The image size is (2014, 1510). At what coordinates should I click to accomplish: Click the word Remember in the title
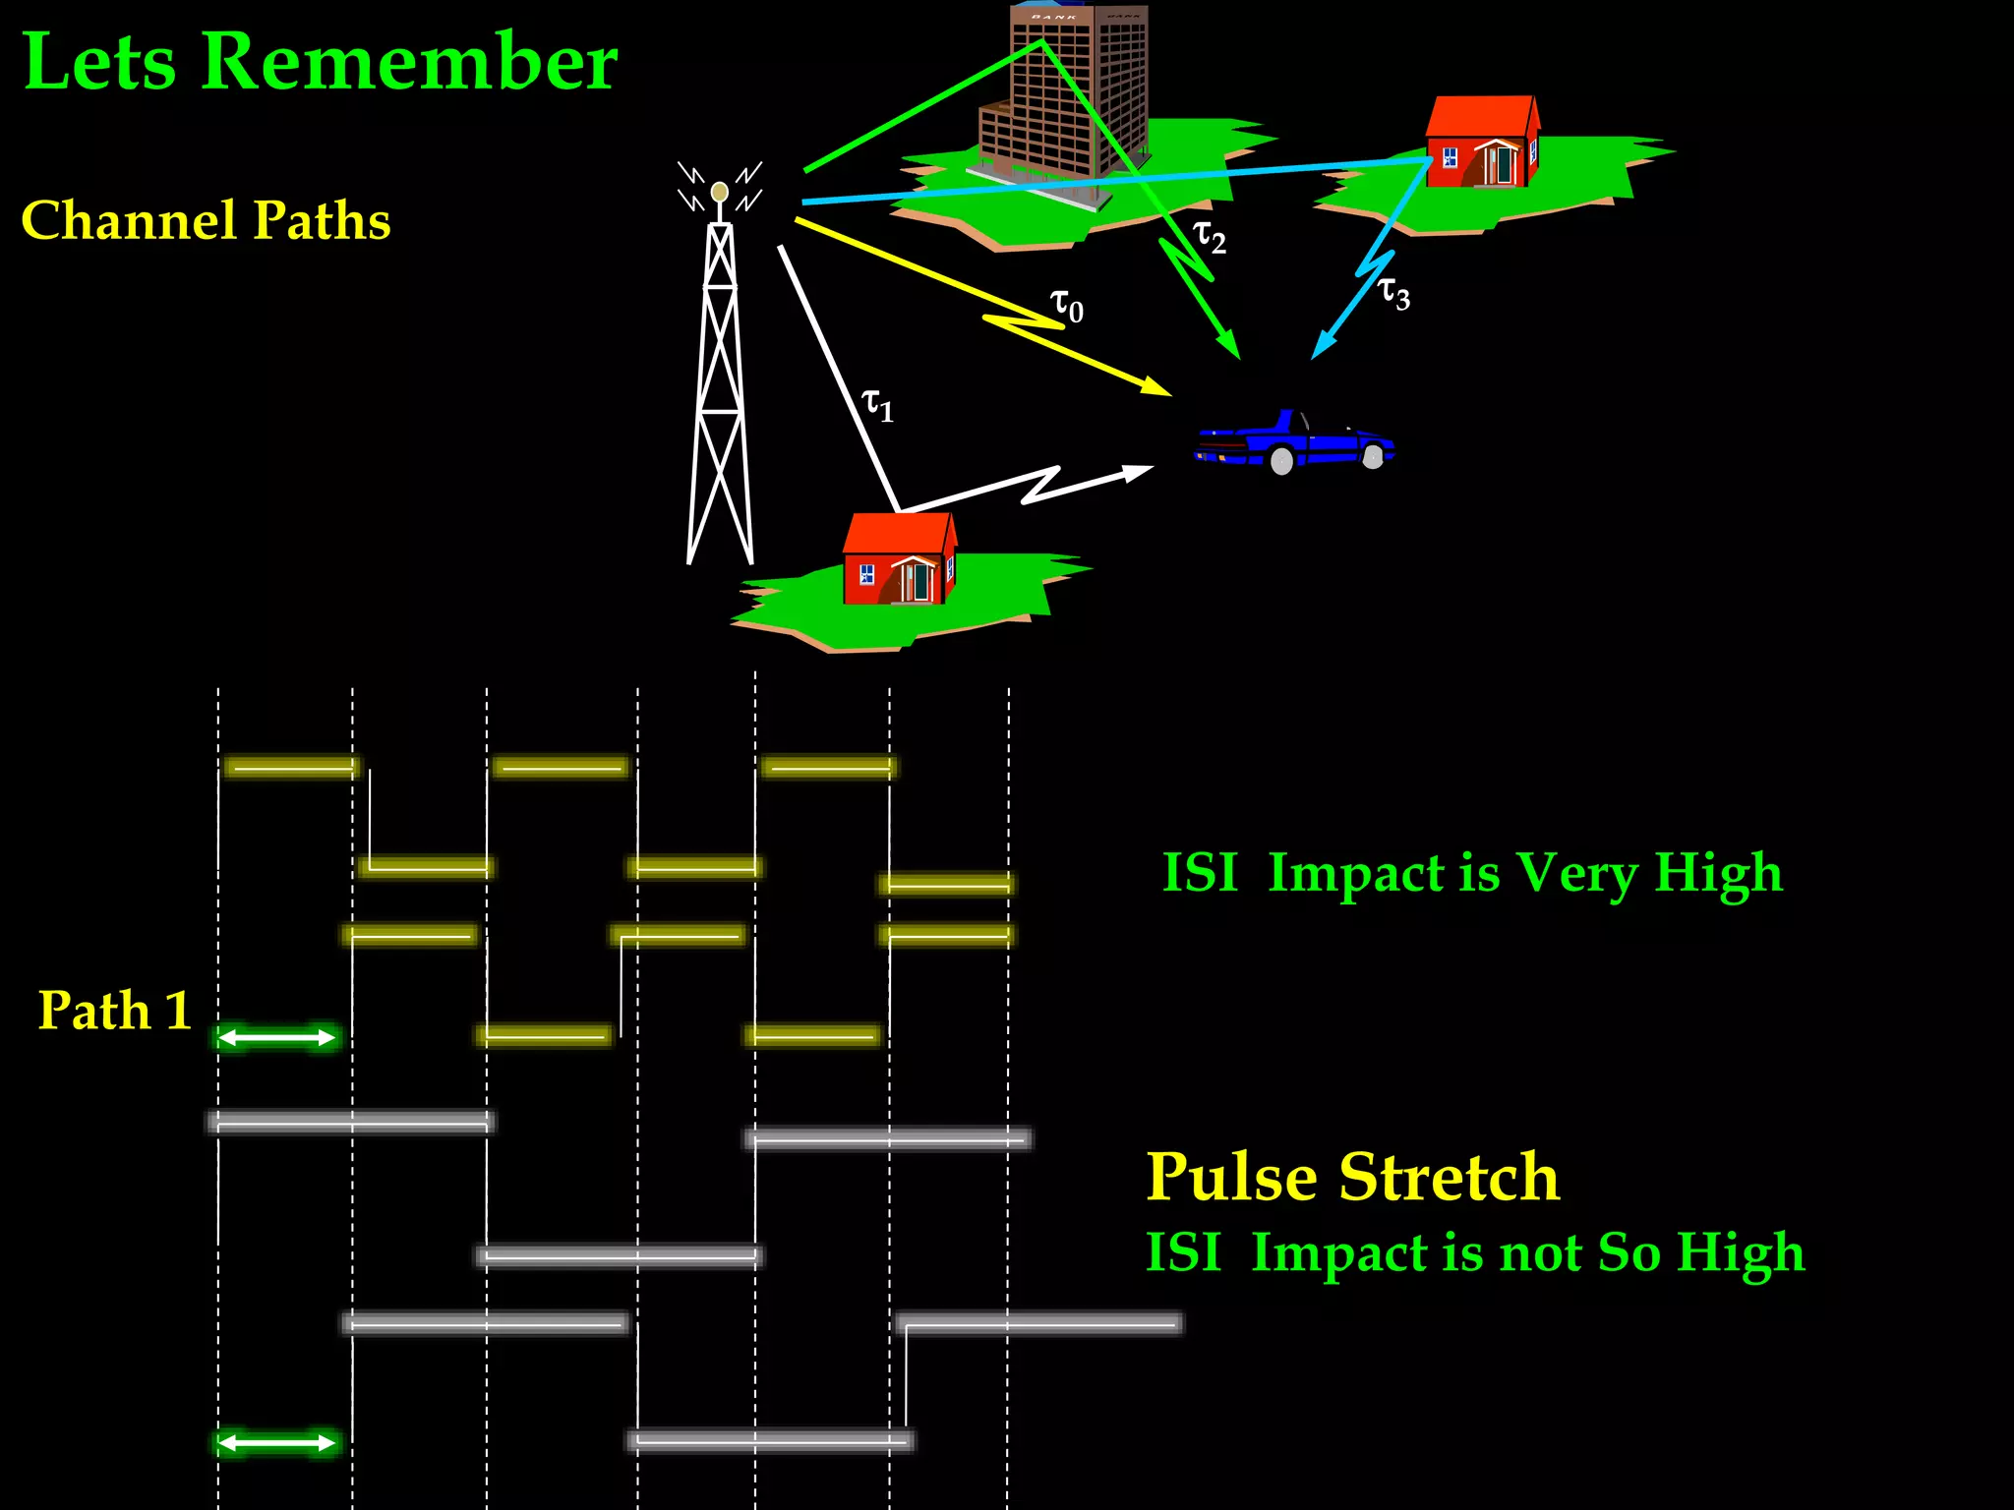pyautogui.click(x=409, y=62)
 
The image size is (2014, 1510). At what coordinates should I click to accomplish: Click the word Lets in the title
pyautogui.click(x=99, y=62)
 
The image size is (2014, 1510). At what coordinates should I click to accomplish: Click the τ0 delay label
pyautogui.click(x=1066, y=306)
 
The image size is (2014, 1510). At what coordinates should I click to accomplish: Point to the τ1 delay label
pyautogui.click(x=877, y=404)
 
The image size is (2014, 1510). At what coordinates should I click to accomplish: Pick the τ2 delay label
pyautogui.click(x=1209, y=237)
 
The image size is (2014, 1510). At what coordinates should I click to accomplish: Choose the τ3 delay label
pyautogui.click(x=1393, y=293)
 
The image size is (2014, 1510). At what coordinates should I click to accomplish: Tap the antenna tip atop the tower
pyautogui.click(x=720, y=191)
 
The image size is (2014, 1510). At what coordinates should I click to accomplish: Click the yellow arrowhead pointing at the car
pyautogui.click(x=1156, y=386)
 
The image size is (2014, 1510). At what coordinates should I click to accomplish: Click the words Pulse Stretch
pyautogui.click(x=1353, y=1177)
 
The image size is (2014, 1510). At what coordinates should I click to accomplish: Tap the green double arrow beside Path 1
pyautogui.click(x=277, y=1037)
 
